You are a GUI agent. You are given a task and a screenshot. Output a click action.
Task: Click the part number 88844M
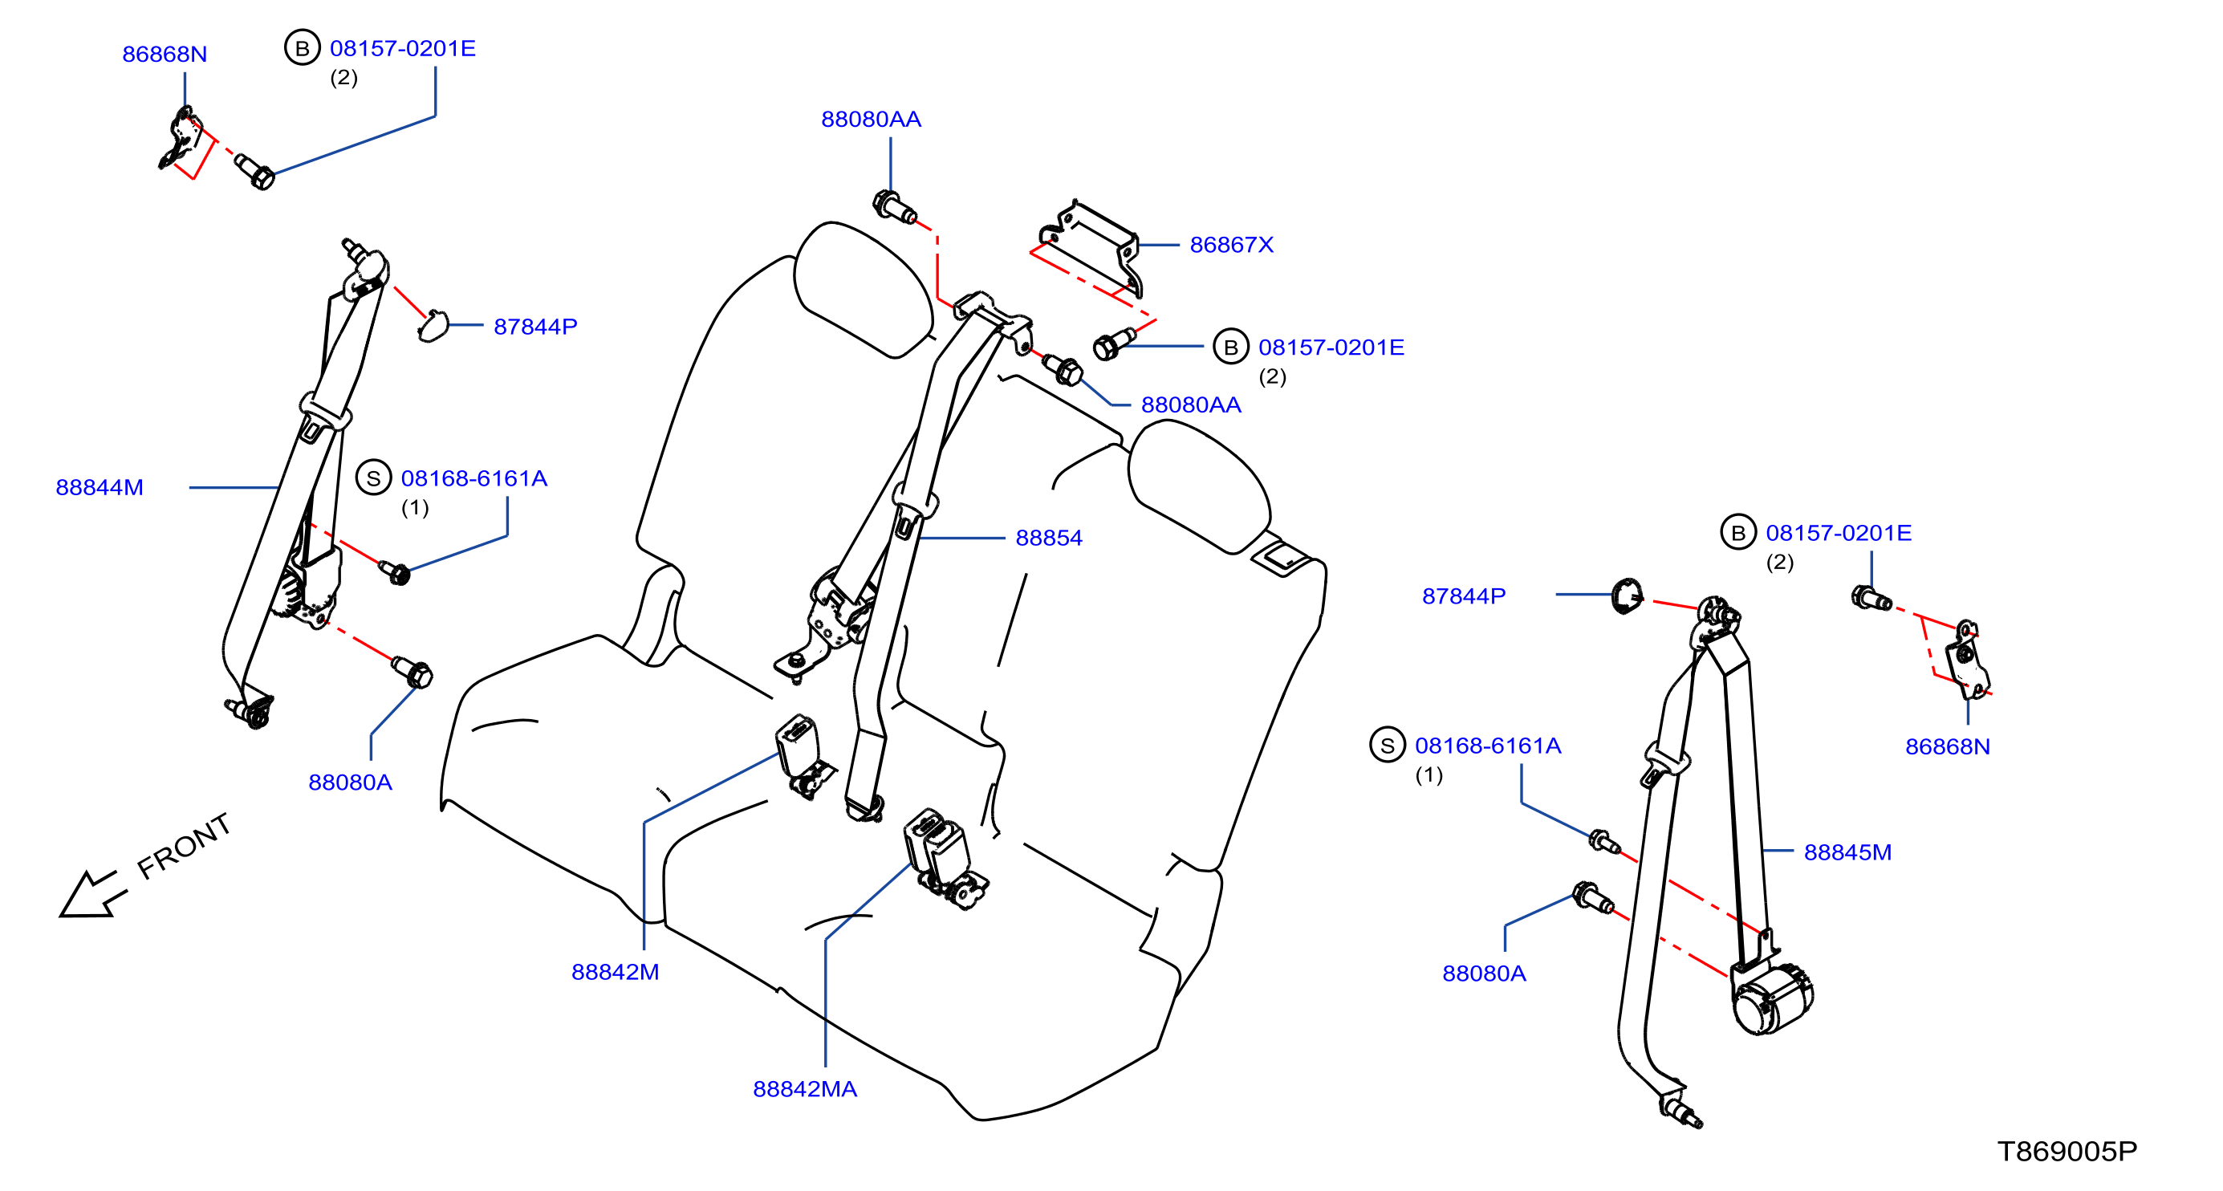click(100, 488)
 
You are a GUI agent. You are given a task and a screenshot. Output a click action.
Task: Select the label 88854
click(1049, 539)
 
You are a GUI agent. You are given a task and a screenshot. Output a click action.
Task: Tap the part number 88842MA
click(804, 1089)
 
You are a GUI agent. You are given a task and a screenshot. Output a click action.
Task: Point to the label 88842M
click(615, 972)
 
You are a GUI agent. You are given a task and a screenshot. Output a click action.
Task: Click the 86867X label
click(1231, 245)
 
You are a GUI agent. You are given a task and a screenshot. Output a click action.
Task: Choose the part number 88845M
click(1847, 852)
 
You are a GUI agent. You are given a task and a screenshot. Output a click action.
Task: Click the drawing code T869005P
click(2067, 1152)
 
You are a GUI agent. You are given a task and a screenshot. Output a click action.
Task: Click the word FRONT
click(184, 846)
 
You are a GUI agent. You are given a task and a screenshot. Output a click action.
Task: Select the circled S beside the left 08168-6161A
click(374, 478)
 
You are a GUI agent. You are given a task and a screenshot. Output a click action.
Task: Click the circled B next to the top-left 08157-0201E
click(302, 48)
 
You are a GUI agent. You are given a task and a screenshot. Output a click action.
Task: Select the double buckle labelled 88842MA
click(944, 860)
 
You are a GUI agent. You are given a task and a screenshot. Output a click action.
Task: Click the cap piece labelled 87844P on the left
click(433, 326)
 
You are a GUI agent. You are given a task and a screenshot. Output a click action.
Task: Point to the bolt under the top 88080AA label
click(895, 207)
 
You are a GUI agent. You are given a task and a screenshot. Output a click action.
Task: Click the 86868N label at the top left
click(164, 55)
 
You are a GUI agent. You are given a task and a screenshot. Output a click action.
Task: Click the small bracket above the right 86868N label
click(1966, 660)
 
